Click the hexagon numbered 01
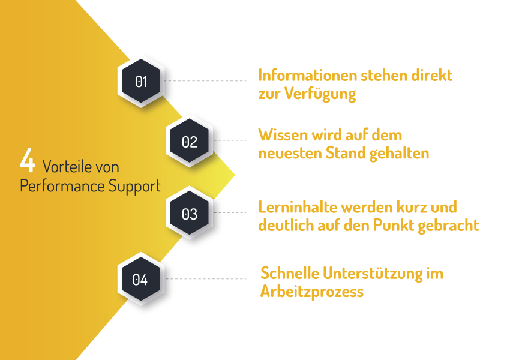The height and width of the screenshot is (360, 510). [140, 81]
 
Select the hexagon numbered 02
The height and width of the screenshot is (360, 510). [190, 142]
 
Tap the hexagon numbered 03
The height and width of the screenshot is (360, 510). [190, 214]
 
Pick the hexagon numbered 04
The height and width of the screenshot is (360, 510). [140, 279]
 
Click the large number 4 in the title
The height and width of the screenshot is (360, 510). [28, 161]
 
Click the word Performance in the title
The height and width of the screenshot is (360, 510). [53, 186]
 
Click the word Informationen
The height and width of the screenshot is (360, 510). [307, 76]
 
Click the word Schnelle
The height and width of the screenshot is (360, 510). [289, 274]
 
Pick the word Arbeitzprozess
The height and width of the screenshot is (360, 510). [312, 292]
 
